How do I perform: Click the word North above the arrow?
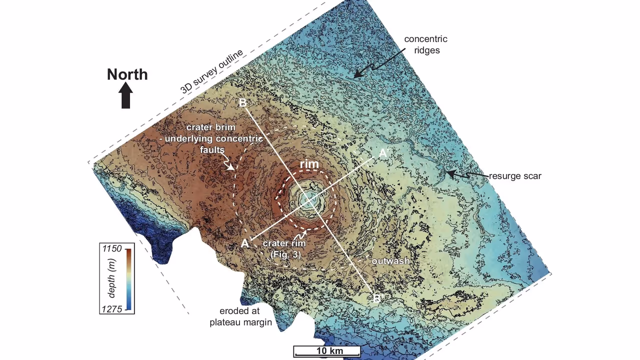tap(127, 74)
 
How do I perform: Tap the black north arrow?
tap(126, 95)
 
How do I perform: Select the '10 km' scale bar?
tap(327, 351)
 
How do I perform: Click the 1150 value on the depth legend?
tap(112, 248)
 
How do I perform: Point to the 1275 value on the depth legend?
tap(112, 309)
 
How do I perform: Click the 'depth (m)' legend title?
tap(112, 278)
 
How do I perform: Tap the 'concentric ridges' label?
tap(425, 44)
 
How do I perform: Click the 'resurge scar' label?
tap(515, 176)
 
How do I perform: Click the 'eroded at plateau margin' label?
tap(240, 316)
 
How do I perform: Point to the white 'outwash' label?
tap(390, 261)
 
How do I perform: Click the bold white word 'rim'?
tap(309, 164)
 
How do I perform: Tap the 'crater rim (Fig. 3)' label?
tap(284, 248)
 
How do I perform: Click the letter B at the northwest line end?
tap(243, 103)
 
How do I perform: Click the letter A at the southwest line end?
tap(244, 243)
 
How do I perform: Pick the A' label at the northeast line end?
tap(383, 153)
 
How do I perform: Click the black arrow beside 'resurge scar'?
tap(459, 174)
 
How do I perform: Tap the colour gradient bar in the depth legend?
tap(128, 278)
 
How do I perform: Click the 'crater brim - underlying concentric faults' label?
tap(213, 138)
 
